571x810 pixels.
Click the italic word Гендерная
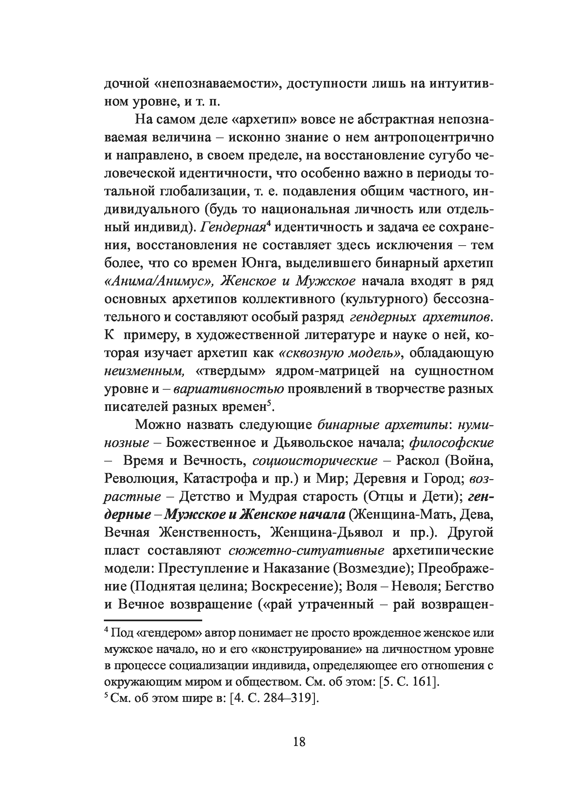tap(233, 228)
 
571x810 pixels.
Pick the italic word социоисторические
tap(315, 461)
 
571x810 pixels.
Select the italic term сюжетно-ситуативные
tap(306, 550)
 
